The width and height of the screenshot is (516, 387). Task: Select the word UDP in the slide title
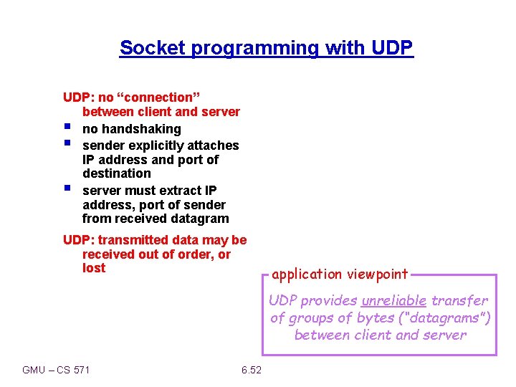pyautogui.click(x=392, y=48)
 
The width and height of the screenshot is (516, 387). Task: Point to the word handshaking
pyautogui.click(x=141, y=129)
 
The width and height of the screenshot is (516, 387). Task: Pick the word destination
pyautogui.click(x=117, y=173)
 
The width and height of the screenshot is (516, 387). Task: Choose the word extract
pyautogui.click(x=181, y=190)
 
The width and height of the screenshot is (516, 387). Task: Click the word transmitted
pyautogui.click(x=130, y=240)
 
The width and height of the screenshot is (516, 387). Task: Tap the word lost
pyautogui.click(x=94, y=268)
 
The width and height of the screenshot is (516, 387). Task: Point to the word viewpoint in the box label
pyautogui.click(x=377, y=274)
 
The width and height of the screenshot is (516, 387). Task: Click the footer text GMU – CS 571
pyautogui.click(x=57, y=370)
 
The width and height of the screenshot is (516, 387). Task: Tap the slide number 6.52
pyautogui.click(x=252, y=370)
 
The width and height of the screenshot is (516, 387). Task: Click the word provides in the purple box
pyautogui.click(x=330, y=300)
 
